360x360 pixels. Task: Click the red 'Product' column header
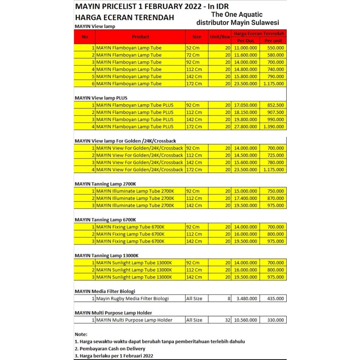tap(141, 37)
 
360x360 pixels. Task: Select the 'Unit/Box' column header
tap(220, 37)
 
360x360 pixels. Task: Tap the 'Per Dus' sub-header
tap(246, 40)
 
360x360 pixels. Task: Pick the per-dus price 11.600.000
tap(245, 55)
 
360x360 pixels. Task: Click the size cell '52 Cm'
tap(193, 48)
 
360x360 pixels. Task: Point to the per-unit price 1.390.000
tap(273, 126)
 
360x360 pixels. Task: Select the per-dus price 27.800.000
tap(245, 126)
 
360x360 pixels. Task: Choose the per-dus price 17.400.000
tap(245, 198)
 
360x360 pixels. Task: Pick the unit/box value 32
tap(227, 320)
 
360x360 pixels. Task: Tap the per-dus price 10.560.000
tap(245, 320)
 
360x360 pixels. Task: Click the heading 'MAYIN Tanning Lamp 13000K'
tap(109, 255)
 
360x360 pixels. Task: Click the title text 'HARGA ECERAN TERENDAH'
tap(125, 17)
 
